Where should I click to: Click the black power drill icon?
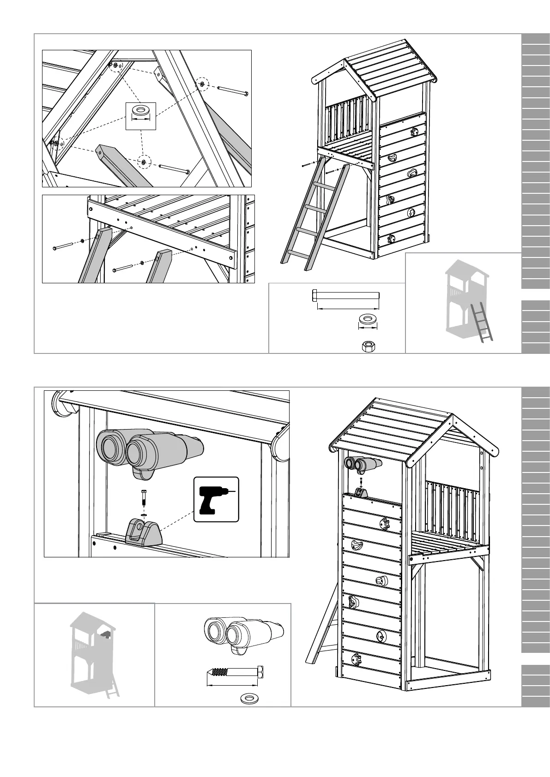tap(216, 499)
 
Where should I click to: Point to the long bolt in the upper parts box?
tap(344, 295)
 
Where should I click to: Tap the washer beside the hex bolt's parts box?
tap(368, 318)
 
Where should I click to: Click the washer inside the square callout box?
tap(141, 110)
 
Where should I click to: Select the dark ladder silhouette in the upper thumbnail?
tap(482, 323)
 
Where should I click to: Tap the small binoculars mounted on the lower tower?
tap(363, 463)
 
